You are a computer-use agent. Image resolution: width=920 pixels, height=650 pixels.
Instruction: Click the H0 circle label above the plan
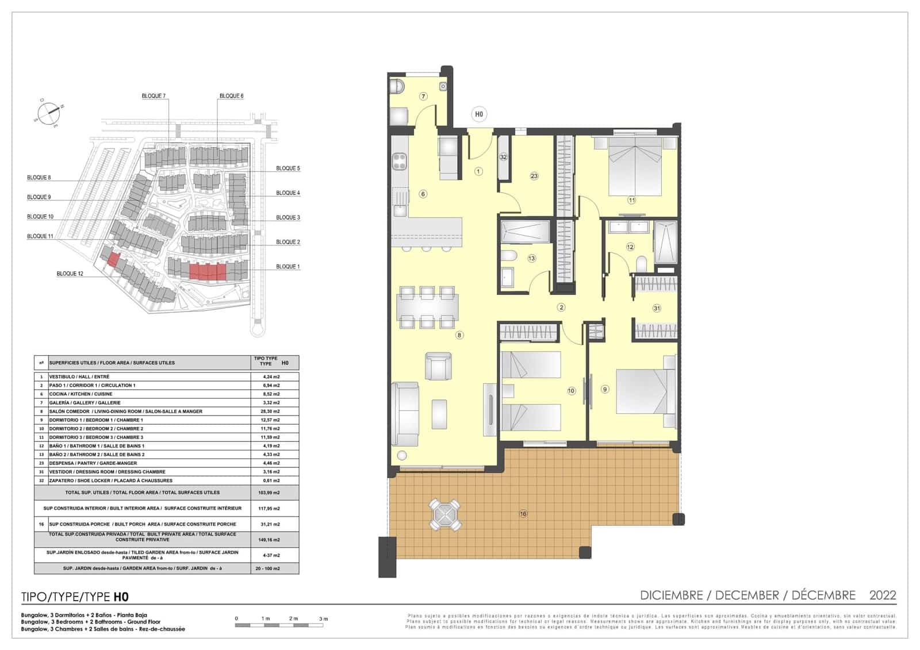tap(478, 114)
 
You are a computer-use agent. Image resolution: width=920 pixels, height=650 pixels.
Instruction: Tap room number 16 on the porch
tap(523, 514)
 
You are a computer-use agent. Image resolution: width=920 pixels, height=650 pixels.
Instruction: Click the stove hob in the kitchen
tap(400, 160)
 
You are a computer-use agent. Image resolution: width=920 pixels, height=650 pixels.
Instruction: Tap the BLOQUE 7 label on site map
tap(154, 96)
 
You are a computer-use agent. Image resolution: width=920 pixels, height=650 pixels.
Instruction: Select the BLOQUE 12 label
tap(70, 274)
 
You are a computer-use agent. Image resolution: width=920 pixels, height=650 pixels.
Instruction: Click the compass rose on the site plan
tap(49, 111)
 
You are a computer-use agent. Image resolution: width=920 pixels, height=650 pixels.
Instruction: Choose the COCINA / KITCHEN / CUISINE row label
tap(80, 394)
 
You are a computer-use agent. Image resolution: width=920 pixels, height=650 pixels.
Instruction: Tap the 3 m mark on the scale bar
tap(324, 619)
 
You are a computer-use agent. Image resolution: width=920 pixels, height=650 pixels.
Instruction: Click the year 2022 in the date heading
tap(883, 595)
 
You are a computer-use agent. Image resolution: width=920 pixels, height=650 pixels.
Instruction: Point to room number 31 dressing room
tap(657, 308)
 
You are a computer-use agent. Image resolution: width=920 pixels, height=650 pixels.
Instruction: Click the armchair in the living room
tap(438, 366)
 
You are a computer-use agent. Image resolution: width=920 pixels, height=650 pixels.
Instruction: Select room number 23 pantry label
tap(534, 176)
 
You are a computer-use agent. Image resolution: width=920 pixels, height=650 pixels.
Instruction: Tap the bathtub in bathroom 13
tap(525, 232)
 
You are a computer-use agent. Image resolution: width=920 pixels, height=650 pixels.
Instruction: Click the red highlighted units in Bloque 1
tap(208, 272)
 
